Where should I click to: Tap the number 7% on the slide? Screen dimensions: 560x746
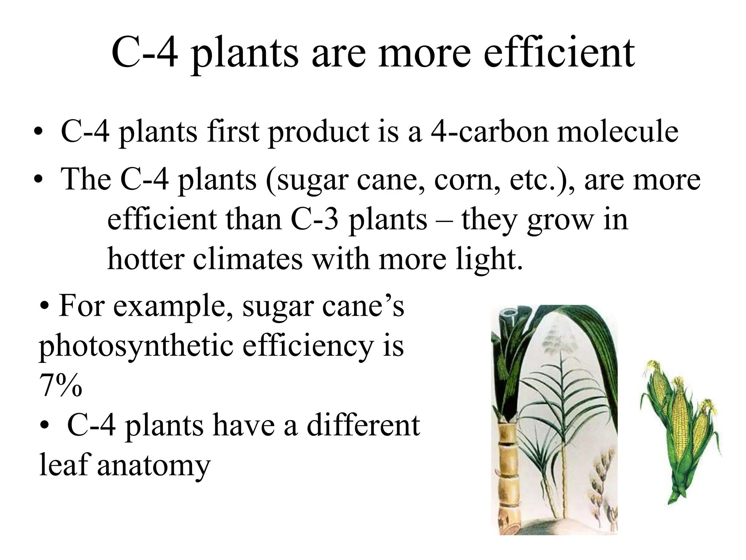pos(60,385)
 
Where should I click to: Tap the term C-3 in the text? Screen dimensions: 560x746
pos(315,219)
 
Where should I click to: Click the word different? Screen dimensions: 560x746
pos(363,425)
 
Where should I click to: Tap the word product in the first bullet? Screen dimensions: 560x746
pos(318,132)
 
